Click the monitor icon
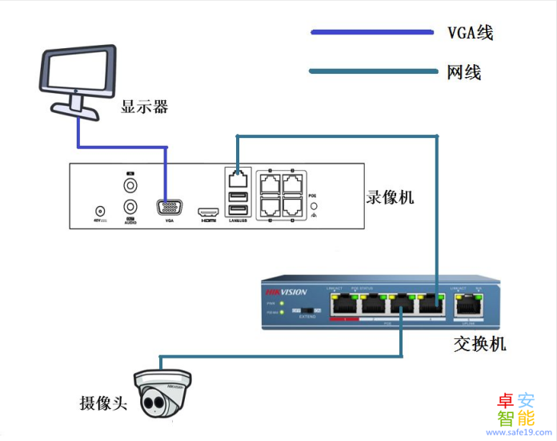77,80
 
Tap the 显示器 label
144,107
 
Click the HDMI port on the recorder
209,208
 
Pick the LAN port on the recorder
237,175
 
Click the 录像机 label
391,196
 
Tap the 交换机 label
480,344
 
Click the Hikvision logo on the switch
286,293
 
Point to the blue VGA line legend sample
371,33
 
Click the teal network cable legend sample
371,73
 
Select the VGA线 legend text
470,33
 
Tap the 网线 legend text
464,73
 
